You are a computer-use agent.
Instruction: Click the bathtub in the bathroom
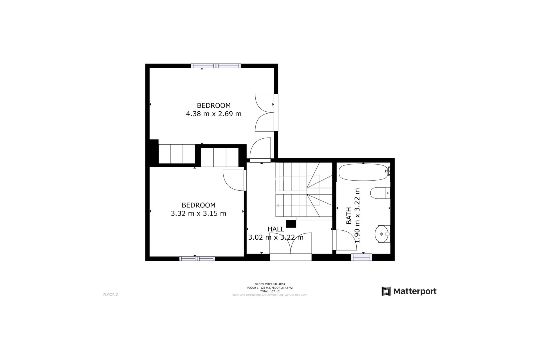[x=363, y=173]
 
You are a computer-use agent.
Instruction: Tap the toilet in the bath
[x=380, y=193]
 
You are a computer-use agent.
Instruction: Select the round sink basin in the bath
[x=382, y=234]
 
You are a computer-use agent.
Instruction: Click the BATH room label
[x=349, y=216]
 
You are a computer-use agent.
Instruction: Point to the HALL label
[x=276, y=229]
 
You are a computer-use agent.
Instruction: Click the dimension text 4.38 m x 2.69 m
[x=214, y=114]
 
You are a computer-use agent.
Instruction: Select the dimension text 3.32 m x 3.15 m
[x=199, y=213]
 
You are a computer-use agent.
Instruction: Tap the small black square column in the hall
[x=291, y=224]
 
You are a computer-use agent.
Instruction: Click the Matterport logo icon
[x=386, y=291]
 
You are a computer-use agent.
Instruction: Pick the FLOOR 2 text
[x=111, y=295]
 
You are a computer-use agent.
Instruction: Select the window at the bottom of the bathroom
[x=361, y=257]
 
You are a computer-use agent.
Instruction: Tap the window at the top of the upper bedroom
[x=216, y=66]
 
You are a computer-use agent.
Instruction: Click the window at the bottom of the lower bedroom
[x=197, y=258]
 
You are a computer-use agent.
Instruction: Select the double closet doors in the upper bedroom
[x=264, y=112]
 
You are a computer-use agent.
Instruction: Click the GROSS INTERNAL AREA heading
[x=270, y=284]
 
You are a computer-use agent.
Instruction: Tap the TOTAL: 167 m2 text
[x=270, y=291]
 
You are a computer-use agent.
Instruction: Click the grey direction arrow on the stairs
[x=278, y=205]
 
